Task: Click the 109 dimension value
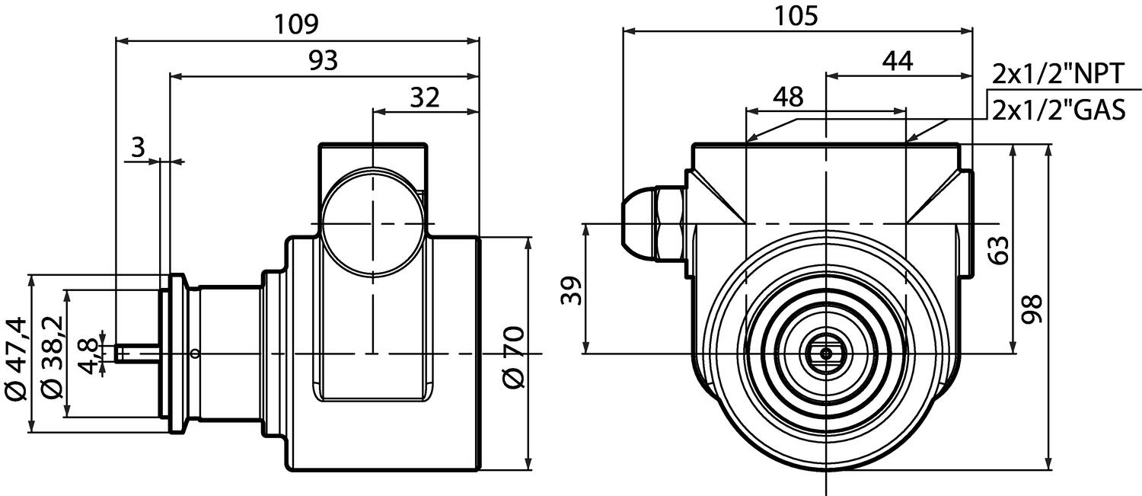(x=296, y=24)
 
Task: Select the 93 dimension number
(x=323, y=61)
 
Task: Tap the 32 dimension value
(x=425, y=97)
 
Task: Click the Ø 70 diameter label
(x=515, y=357)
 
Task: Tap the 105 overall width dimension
(x=796, y=15)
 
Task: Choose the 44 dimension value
(x=898, y=61)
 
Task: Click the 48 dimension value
(x=787, y=97)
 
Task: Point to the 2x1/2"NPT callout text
(x=1057, y=75)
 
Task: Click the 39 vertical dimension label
(x=572, y=290)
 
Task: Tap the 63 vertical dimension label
(x=1000, y=250)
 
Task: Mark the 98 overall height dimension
(x=1032, y=309)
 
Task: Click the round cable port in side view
(x=372, y=224)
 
